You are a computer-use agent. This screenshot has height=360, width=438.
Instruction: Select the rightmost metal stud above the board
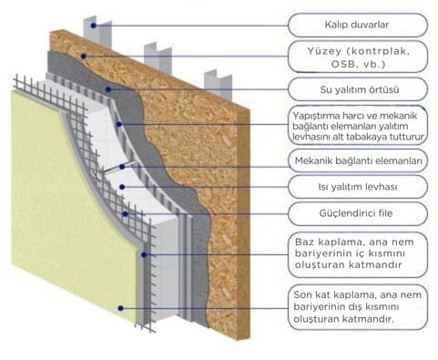coord(213,77)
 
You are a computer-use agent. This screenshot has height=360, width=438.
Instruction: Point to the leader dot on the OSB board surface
coord(84,56)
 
